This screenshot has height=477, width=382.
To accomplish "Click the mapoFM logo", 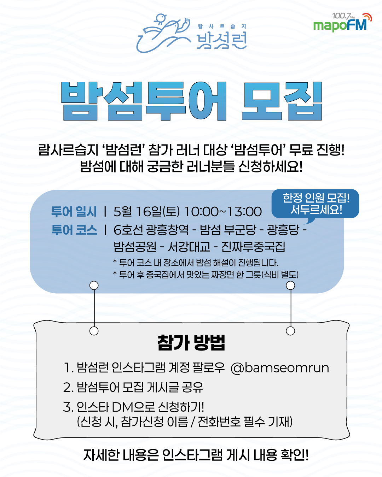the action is coord(342,23).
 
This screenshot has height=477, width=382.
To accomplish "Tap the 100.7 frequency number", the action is coord(341,16).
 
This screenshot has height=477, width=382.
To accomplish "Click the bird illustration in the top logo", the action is coord(163,33).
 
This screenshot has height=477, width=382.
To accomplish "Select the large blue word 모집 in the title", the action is coord(282,101).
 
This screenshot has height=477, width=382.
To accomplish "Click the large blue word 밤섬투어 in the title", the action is coord(144,101).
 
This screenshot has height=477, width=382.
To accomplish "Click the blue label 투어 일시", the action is coord(74,211).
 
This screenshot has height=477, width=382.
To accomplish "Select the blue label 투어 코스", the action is coord(74,229).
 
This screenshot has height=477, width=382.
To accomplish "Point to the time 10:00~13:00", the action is coord(223,211).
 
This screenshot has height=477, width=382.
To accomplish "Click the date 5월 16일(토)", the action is coord(146,211).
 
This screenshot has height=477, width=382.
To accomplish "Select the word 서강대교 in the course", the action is coord(189,247).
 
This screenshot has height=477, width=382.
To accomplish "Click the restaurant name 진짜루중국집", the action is coord(253,247).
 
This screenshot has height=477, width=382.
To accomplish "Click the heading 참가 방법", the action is coord(191,343).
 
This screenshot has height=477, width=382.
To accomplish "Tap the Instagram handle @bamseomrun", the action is coord(280,368).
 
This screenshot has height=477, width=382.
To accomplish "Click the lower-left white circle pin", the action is coord(94,331).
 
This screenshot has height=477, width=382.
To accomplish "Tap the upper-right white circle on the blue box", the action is coord(290,285).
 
